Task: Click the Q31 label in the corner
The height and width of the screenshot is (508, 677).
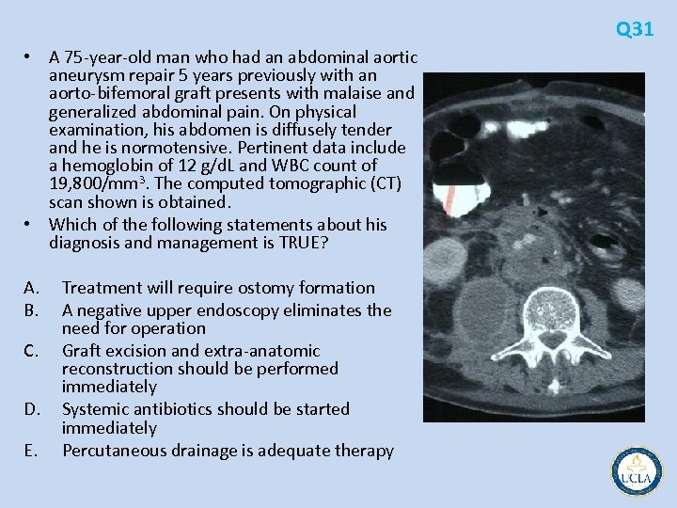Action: pyautogui.click(x=635, y=29)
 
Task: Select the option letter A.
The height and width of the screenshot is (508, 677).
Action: pyautogui.click(x=32, y=288)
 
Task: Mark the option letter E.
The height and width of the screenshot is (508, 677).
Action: pyautogui.click(x=31, y=451)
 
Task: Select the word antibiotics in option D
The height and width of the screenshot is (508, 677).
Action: pyautogui.click(x=173, y=409)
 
